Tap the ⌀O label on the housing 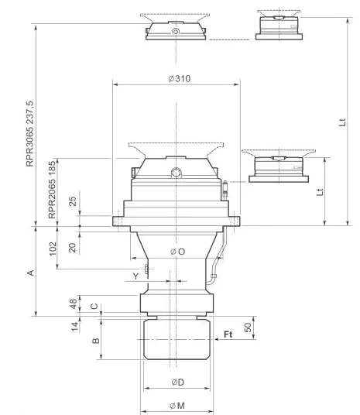tap(177, 251)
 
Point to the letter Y tap(135, 276)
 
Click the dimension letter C tap(94, 307)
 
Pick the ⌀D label tap(177, 382)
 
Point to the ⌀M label tap(177, 406)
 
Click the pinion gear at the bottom tap(177, 341)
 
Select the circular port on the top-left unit tap(176, 33)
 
